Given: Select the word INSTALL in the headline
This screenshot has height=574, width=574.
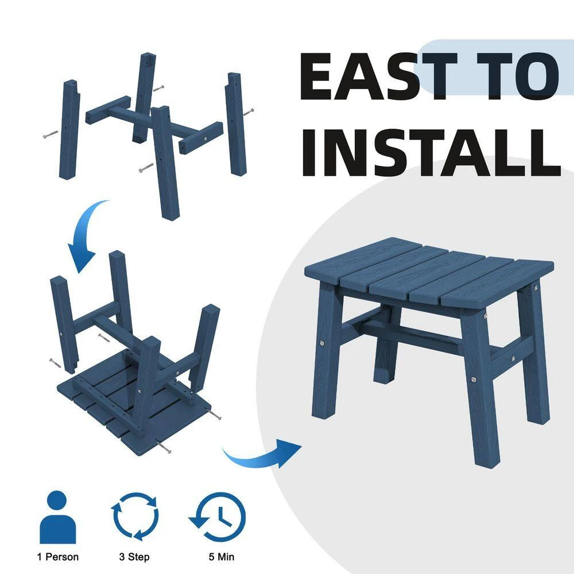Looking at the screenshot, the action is coord(431,153).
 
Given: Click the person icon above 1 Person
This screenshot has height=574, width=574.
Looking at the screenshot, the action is coord(57,517).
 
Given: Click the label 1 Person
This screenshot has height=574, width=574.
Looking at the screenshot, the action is coord(58,557).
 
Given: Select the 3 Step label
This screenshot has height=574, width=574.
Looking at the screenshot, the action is coord(134,557).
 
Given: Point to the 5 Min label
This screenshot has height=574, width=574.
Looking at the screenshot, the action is coord(222,557).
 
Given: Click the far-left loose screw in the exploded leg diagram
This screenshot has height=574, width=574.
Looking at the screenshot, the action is coord(51,134).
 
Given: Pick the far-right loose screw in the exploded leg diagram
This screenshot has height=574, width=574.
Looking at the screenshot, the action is coord(249,112).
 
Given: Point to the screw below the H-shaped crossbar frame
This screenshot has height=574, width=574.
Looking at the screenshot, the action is coord(146,168).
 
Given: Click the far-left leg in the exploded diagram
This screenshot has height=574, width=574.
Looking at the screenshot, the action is coord(69,130).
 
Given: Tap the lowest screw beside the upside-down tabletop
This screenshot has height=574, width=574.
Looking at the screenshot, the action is coord(163,447).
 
